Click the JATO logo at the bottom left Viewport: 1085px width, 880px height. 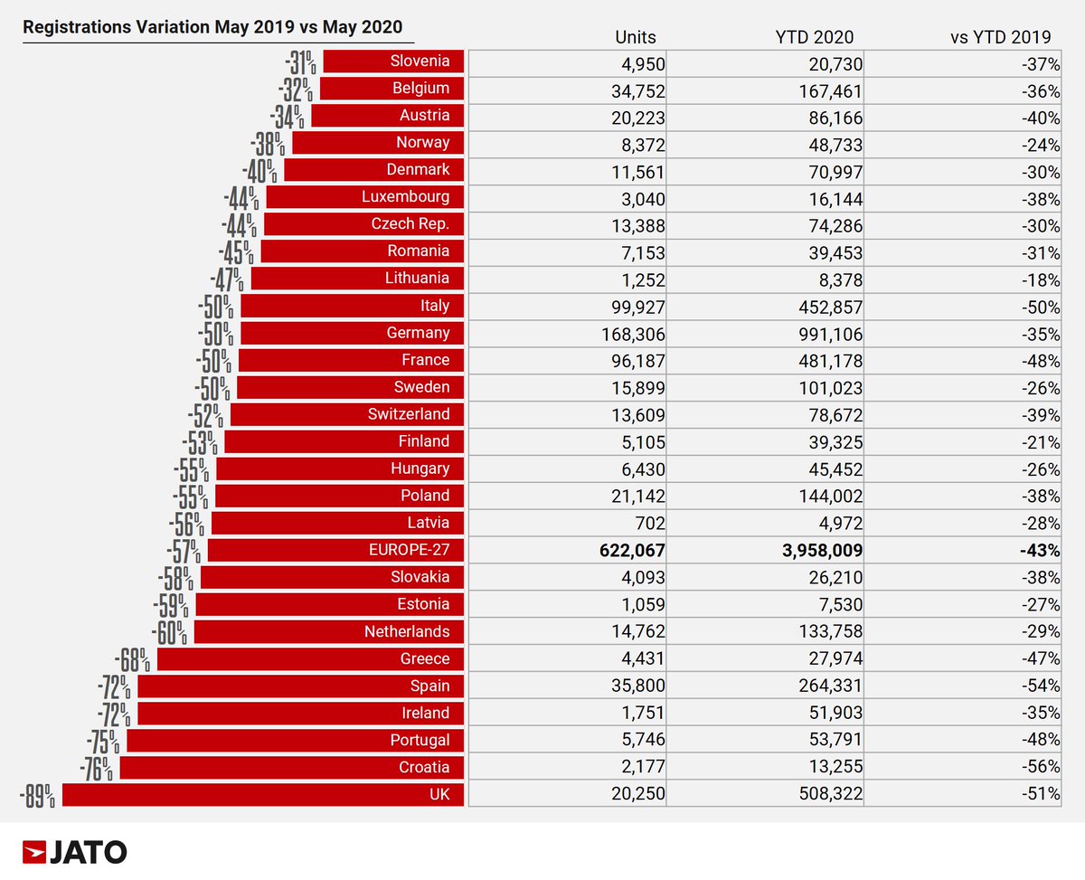pyautogui.click(x=75, y=851)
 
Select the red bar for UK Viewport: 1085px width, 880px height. pyautogui.click(x=262, y=794)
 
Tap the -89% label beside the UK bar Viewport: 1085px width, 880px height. pyautogui.click(x=38, y=796)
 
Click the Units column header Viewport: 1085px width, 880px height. pyautogui.click(x=635, y=37)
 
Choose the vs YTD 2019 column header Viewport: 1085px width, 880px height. pyautogui.click(x=1000, y=37)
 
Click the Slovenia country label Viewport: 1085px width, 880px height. pyautogui.click(x=420, y=62)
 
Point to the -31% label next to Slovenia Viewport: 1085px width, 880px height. pyautogui.click(x=299, y=62)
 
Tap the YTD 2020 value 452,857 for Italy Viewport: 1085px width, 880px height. pyautogui.click(x=826, y=306)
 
